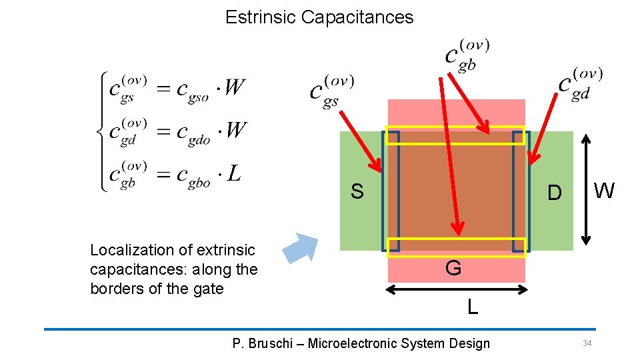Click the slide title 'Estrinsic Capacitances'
[x=319, y=17]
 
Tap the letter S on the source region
[x=357, y=192]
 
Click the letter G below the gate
[x=453, y=269]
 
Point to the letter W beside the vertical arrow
[x=604, y=191]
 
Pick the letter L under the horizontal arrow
[x=472, y=307]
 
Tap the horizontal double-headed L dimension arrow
[x=457, y=289]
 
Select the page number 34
[x=587, y=343]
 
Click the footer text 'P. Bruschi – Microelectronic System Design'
[x=361, y=343]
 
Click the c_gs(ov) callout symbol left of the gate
[x=332, y=91]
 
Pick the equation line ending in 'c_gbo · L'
[x=174, y=175]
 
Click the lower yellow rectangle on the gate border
[x=457, y=247]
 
